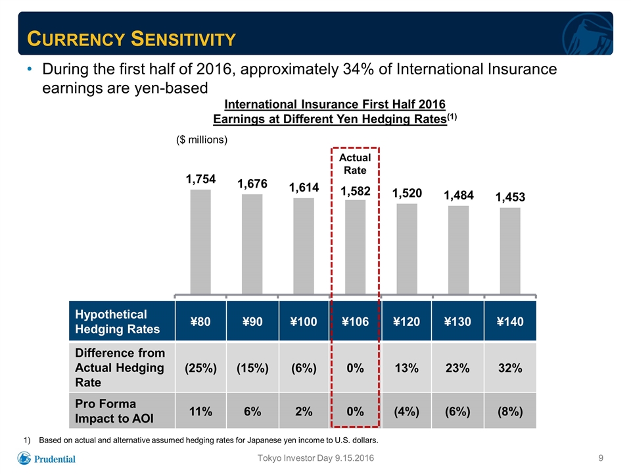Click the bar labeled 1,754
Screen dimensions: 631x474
[200, 242]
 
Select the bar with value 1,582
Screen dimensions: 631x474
[356, 247]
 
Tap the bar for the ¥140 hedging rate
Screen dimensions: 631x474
[510, 251]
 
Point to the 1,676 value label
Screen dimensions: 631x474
[252, 184]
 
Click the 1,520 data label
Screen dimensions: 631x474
[408, 193]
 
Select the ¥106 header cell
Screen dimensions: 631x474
[356, 321]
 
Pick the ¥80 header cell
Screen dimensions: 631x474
[200, 321]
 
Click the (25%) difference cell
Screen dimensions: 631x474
[200, 368]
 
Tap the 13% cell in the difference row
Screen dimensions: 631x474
[407, 368]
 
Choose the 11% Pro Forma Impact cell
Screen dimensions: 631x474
[200, 411]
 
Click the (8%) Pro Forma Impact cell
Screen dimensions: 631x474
[510, 411]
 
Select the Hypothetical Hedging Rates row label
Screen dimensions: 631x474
[118, 322]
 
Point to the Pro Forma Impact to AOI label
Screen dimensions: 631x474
[114, 411]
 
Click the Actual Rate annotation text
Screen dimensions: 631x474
[355, 164]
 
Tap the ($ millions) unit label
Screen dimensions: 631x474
[202, 140]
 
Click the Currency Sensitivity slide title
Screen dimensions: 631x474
[131, 39]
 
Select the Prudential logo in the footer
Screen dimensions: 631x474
[46, 458]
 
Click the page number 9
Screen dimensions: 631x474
[601, 458]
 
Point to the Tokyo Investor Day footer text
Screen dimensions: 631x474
[315, 458]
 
